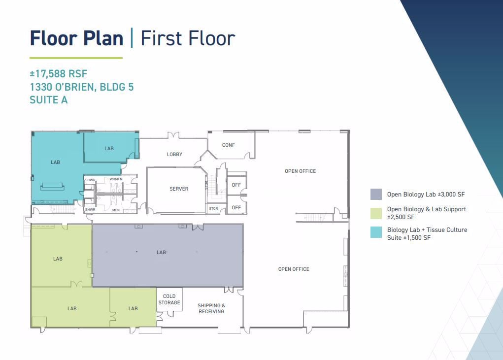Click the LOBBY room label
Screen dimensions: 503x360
coord(174,155)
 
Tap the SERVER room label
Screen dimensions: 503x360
coord(179,189)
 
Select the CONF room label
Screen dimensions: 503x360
coord(229,145)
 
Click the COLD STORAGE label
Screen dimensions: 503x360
coord(169,299)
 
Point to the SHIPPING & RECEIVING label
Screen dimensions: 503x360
coord(211,308)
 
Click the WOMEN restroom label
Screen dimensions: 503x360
coord(116,179)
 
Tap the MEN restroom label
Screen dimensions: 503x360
coord(116,210)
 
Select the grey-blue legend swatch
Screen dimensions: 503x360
coord(376,194)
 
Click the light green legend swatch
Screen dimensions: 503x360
coord(376,213)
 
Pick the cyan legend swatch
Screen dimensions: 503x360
coord(376,232)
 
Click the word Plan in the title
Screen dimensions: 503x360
coord(103,38)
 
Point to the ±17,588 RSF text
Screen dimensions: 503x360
coord(59,74)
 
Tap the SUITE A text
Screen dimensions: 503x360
coord(48,100)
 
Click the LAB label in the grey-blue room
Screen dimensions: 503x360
coord(162,252)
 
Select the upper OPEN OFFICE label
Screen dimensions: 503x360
coord(300,171)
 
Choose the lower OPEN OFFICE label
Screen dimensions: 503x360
coord(294,269)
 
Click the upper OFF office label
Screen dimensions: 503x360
coord(236,185)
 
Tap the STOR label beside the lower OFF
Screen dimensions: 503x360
coord(213,208)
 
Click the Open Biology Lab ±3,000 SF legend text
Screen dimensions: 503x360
coord(426,194)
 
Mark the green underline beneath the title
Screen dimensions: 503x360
coord(76,58)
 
